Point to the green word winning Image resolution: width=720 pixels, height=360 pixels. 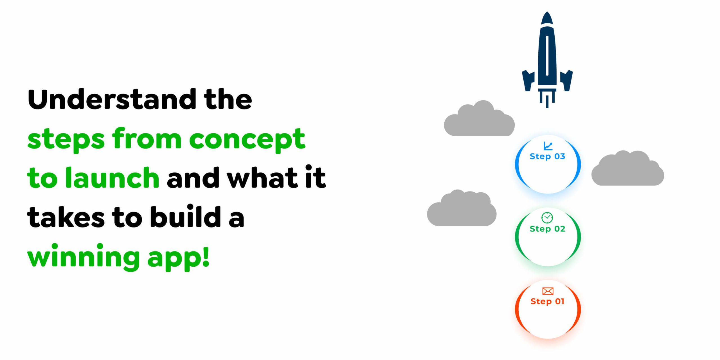pyautogui.click(x=83, y=257)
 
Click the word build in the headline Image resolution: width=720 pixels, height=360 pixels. pyautogui.click(x=185, y=217)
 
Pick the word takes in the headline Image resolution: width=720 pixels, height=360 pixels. pyautogui.click(x=66, y=218)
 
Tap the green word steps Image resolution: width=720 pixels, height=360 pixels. pyautogui.click(x=66, y=139)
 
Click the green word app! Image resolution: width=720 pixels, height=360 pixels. pyautogui.click(x=178, y=257)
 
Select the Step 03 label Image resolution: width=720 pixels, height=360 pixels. pyautogui.click(x=547, y=156)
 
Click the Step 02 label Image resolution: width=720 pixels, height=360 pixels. pyautogui.click(x=547, y=229)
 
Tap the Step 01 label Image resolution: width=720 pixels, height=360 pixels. pyautogui.click(x=547, y=301)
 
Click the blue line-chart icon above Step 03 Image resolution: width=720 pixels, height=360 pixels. pyautogui.click(x=548, y=146)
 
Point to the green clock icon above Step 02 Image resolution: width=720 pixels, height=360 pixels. pyautogui.click(x=547, y=217)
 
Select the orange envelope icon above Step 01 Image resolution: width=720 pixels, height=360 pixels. pyautogui.click(x=548, y=291)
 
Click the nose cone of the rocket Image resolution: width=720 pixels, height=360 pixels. pyautogui.click(x=547, y=19)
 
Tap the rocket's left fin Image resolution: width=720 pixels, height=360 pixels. pyautogui.click(x=528, y=80)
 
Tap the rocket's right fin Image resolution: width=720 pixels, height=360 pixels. pyautogui.click(x=566, y=80)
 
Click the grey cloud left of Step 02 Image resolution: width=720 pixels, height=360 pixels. pyautogui.click(x=462, y=210)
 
